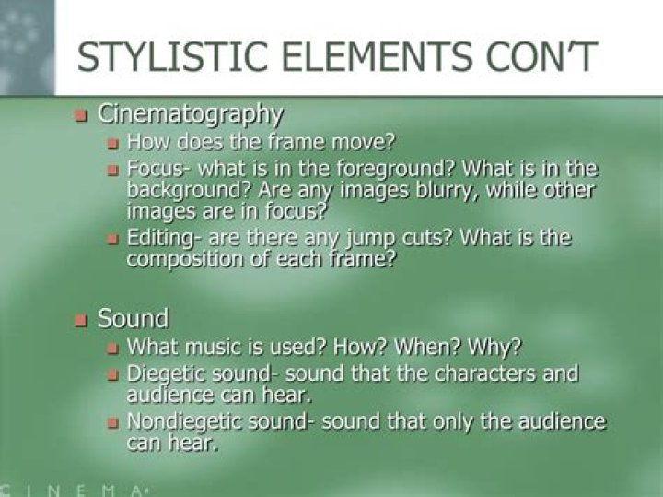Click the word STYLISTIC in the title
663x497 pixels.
172,57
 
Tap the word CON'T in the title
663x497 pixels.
541,57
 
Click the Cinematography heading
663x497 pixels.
191,114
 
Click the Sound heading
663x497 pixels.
134,318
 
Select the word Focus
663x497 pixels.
156,170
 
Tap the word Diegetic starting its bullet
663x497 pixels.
160,374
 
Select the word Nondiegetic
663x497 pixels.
185,422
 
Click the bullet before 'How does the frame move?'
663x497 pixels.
112,145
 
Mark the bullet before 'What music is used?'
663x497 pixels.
112,349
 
